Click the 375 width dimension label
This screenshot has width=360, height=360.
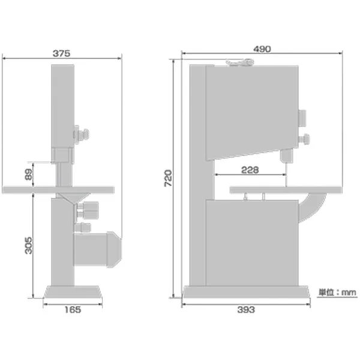[61, 53]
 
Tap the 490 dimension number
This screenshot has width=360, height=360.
[262, 49]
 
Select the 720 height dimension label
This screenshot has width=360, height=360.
[168, 178]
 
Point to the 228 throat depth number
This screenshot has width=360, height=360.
[250, 170]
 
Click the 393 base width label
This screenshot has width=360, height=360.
[246, 310]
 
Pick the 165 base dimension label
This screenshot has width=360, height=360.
[73, 310]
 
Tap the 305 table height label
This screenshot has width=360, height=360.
[28, 245]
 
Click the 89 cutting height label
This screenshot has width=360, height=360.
[28, 175]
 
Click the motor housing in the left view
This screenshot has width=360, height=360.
[97, 250]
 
